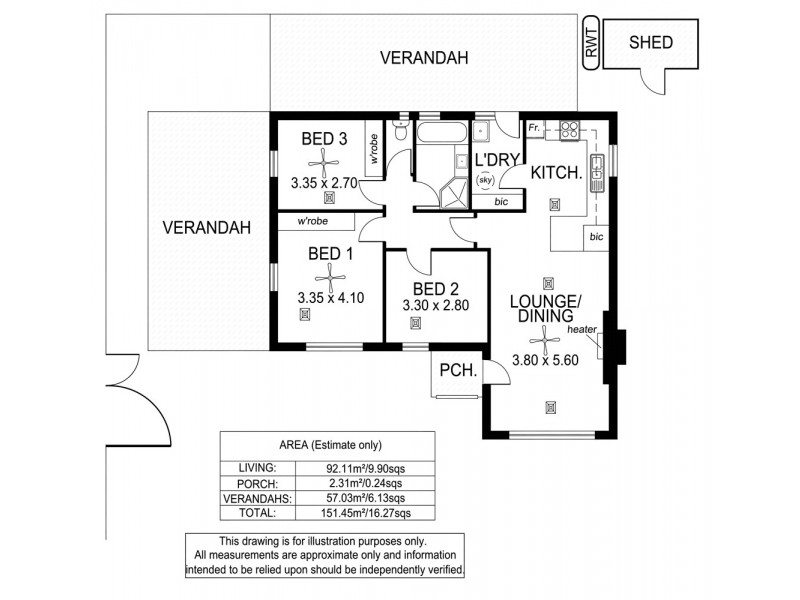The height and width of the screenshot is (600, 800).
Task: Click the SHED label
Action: pos(650,43)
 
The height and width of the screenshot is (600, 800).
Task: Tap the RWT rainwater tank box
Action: pos(591,44)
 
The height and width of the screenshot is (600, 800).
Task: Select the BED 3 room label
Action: pos(324,139)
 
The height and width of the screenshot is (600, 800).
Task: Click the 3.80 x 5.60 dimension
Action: pos(546,360)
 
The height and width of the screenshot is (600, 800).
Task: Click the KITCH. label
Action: pos(555,172)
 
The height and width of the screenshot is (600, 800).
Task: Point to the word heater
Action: pos(581,329)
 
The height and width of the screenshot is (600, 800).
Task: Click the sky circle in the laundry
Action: pos(487,181)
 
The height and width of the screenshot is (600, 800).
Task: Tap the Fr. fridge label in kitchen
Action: pos(535,129)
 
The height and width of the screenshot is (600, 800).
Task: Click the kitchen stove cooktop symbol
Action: pos(571,129)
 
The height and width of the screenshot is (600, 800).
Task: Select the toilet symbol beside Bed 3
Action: pos(400,132)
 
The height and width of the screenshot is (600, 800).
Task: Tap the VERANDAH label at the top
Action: pos(424,59)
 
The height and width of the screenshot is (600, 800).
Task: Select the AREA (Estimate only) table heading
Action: pos(327,445)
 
